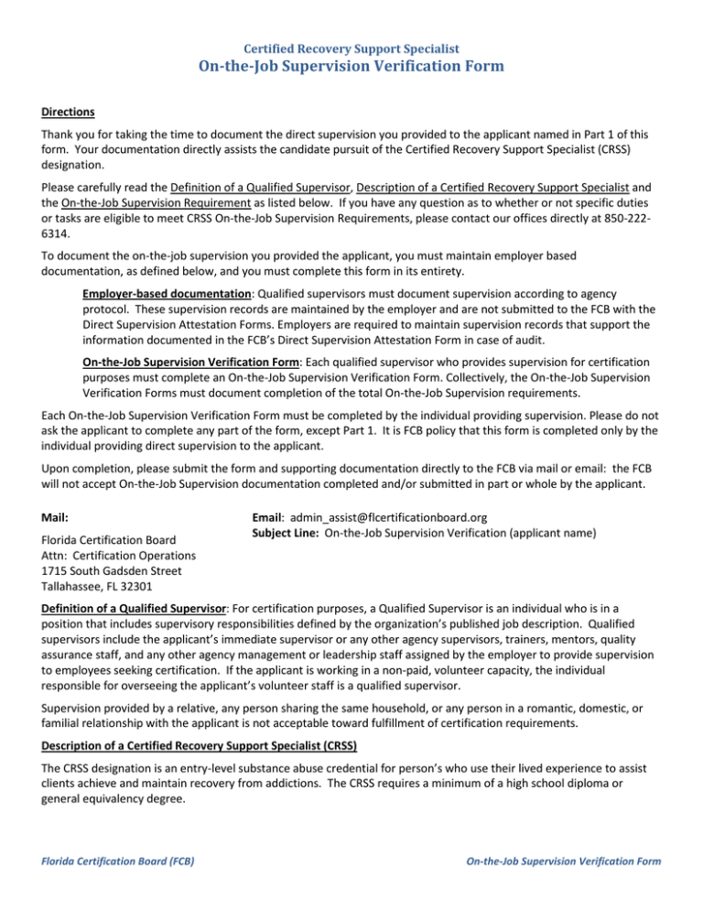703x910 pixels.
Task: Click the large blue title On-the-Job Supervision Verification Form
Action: pos(351,65)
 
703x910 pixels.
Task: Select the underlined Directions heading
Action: pos(68,113)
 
